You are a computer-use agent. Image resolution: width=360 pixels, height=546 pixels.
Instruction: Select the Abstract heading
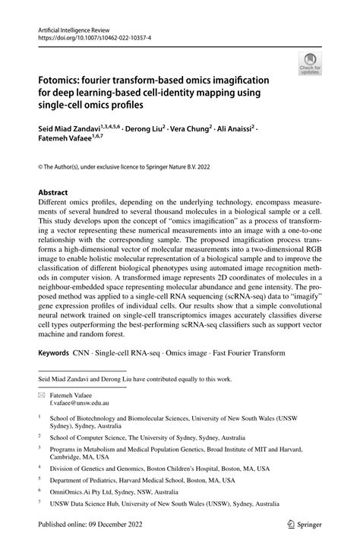click(53, 193)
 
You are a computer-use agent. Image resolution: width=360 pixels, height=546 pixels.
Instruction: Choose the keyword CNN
click(81, 353)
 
